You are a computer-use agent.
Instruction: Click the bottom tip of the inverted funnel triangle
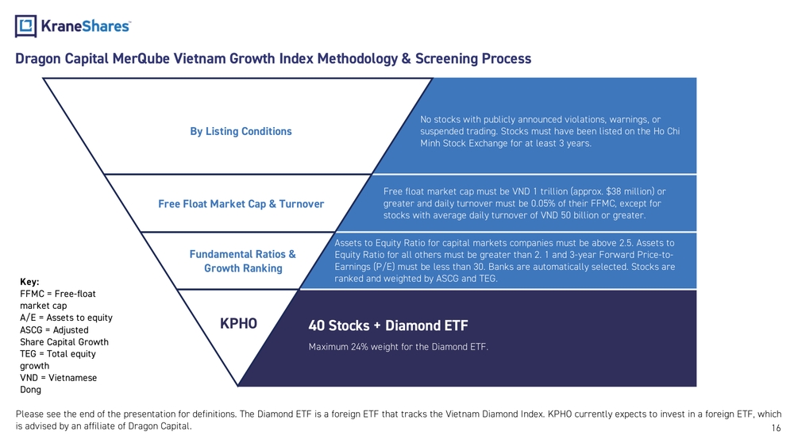tap(237, 386)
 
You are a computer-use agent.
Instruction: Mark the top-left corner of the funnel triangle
tap(43, 79)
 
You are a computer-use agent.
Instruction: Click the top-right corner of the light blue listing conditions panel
tap(696, 78)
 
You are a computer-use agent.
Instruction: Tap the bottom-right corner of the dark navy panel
tap(696, 386)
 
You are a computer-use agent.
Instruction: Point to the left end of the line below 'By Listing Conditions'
tap(104, 174)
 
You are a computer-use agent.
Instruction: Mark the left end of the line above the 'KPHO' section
tap(177, 290)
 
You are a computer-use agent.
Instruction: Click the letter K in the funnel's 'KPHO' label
tap(224, 323)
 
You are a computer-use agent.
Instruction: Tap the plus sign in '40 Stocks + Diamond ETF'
tap(376, 326)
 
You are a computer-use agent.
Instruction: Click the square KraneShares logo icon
tap(26, 26)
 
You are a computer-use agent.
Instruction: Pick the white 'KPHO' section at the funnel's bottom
tap(238, 324)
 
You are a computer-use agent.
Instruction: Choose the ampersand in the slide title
tap(406, 59)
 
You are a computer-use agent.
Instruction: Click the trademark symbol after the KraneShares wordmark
tap(130, 21)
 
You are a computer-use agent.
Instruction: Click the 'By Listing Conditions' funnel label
tap(241, 132)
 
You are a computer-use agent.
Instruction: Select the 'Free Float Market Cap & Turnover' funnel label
tap(241, 204)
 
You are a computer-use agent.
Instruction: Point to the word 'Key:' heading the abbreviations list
tap(29, 282)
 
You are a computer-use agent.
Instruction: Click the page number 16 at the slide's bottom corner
tap(777, 428)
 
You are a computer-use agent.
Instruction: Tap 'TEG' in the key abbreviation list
tap(28, 354)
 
